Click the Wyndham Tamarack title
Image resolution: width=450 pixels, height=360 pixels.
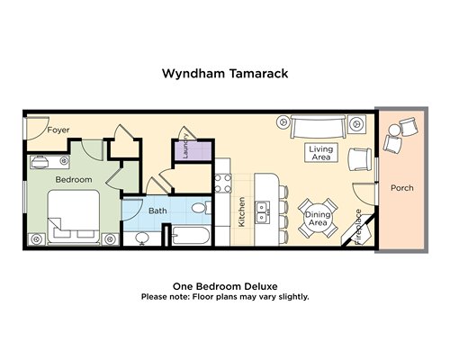tap(225, 74)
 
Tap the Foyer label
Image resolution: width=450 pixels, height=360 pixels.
tap(58, 130)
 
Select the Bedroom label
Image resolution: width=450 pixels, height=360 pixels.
tap(74, 180)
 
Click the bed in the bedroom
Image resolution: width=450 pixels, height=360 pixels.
tap(74, 217)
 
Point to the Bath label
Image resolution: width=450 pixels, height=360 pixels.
tap(157, 211)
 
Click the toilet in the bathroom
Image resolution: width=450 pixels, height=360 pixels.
tap(202, 208)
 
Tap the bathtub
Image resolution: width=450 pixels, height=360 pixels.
tap(191, 236)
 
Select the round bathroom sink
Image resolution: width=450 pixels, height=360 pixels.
tap(142, 238)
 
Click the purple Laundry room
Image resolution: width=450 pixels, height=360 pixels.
tap(193, 151)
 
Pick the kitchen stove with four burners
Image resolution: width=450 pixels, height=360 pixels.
tap(223, 183)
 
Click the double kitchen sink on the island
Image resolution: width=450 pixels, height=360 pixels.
tap(263, 212)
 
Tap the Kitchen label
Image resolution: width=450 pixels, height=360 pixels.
tap(241, 211)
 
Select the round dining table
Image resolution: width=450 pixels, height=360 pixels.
tap(318, 218)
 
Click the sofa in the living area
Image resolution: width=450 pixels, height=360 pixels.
tap(318, 126)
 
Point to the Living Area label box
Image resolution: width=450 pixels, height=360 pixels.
tap(321, 153)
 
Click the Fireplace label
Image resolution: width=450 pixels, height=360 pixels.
tap(358, 227)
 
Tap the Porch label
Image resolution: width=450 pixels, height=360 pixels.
tap(402, 188)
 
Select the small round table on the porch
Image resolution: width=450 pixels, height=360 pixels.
tap(394, 130)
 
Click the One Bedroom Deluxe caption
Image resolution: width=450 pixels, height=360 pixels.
tap(225, 286)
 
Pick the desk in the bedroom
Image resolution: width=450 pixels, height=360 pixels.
tap(49, 162)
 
